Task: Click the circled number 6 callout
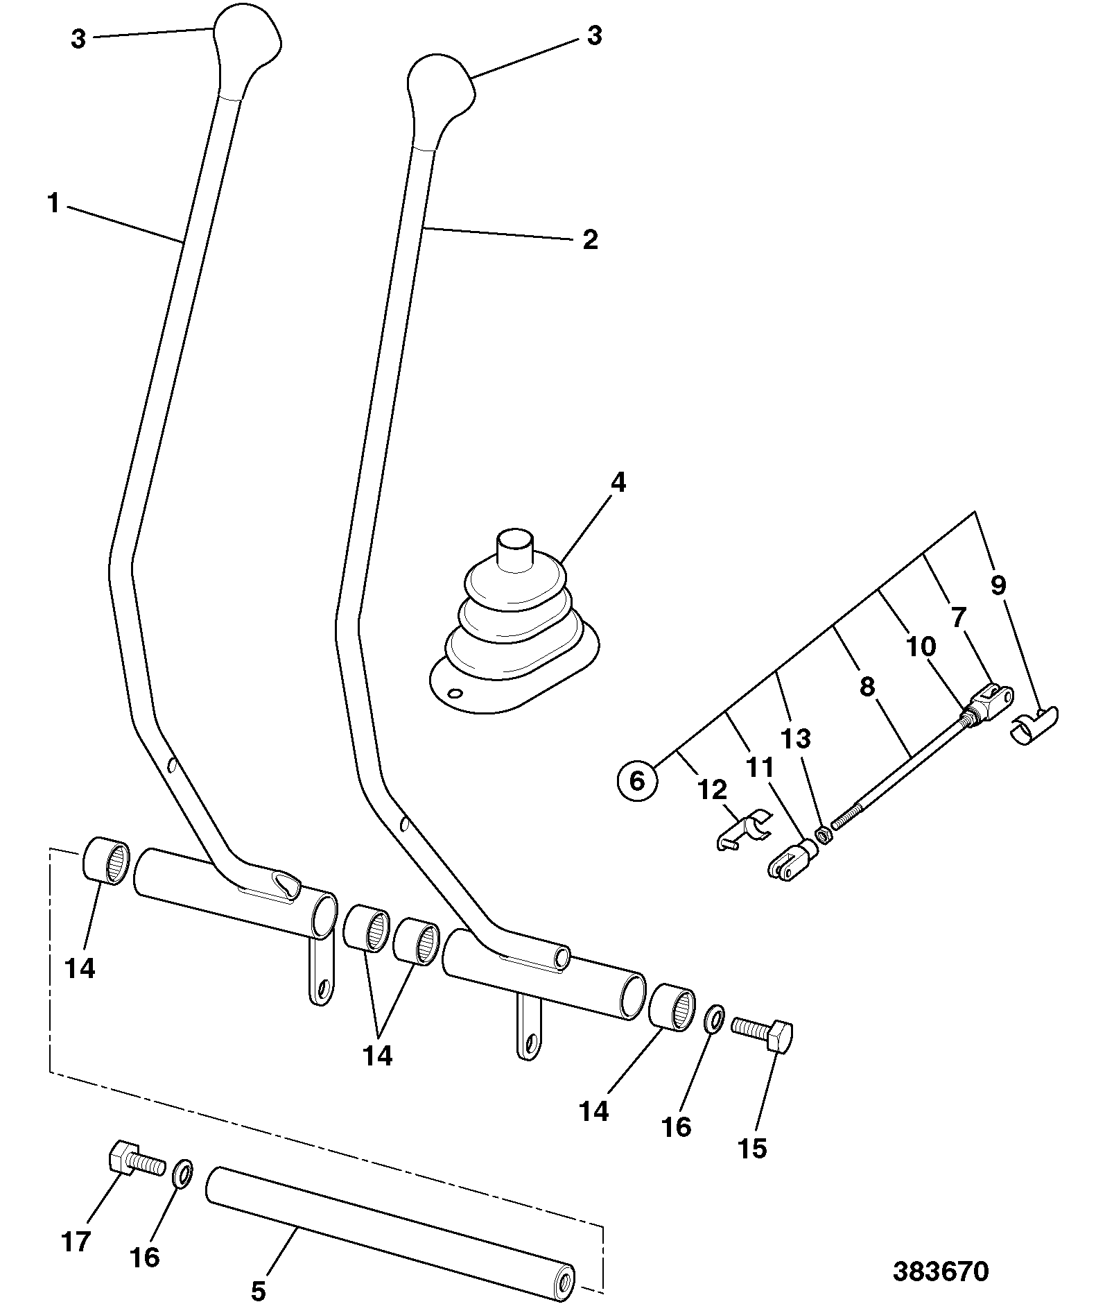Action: (x=636, y=780)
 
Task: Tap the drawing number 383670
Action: (x=940, y=1272)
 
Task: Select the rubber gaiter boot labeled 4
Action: (x=514, y=620)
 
